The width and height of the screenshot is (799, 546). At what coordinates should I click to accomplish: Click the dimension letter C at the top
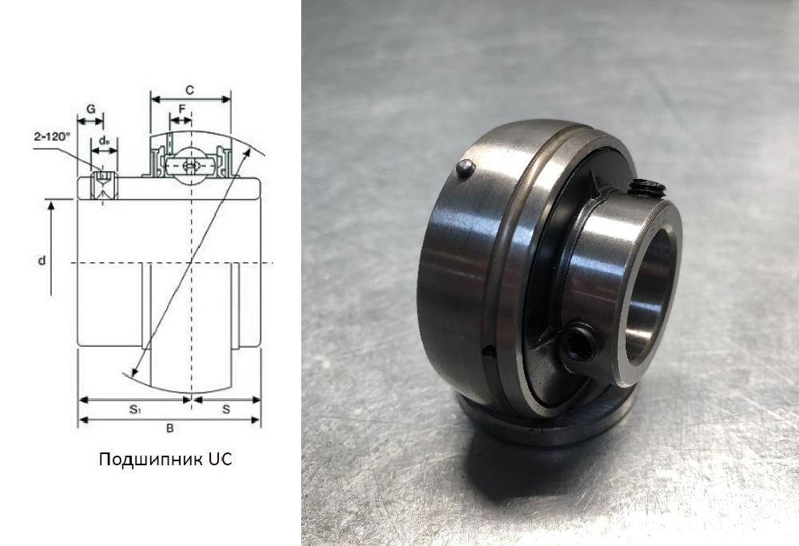(189, 90)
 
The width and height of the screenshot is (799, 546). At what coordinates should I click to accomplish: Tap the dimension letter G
(91, 109)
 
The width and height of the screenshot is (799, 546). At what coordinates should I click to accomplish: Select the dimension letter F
(182, 108)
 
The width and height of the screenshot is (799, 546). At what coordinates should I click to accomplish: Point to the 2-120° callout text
(51, 137)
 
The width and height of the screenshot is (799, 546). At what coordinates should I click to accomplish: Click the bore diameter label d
(42, 261)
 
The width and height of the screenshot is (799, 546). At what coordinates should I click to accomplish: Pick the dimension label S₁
(134, 409)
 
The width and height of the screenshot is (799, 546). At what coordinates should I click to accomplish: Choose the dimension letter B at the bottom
(170, 428)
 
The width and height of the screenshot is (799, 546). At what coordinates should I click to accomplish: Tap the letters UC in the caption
(221, 459)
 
